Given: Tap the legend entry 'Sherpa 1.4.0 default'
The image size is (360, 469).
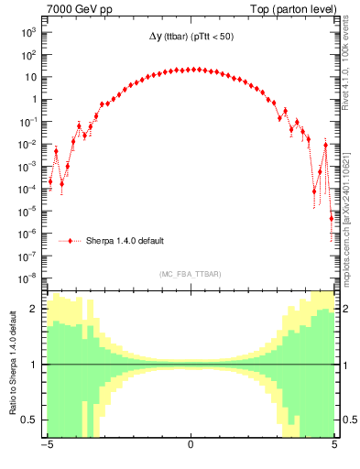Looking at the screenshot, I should pyautogui.click(x=125, y=241).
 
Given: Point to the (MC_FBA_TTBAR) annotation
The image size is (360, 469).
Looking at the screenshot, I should pyautogui.click(x=191, y=275).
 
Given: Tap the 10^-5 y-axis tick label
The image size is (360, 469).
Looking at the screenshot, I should pyautogui.click(x=28, y=211).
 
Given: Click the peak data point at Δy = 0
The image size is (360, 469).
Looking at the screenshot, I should pyautogui.click(x=190, y=69).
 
